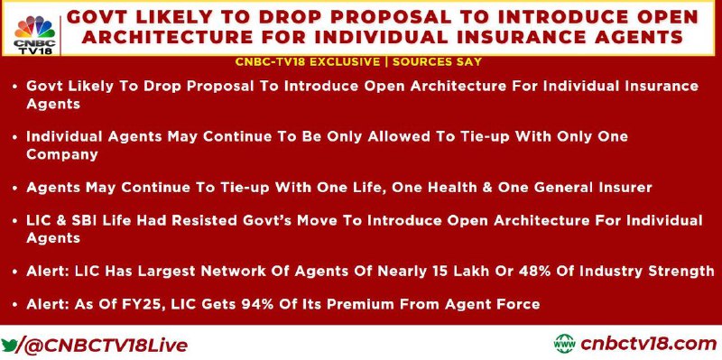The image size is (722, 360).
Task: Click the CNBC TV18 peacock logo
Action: pyautogui.click(x=34, y=35)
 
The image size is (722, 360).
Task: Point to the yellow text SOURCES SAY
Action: pyautogui.click(x=437, y=61)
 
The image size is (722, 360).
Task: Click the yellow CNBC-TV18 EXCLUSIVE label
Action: pyautogui.click(x=308, y=61)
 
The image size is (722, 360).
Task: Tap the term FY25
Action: pyautogui.click(x=146, y=304)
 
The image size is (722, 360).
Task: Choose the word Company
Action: pyautogui.click(x=62, y=154)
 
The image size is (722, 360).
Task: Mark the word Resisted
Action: pyautogui.click(x=201, y=220)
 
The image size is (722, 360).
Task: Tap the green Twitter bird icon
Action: pyautogui.click(x=8, y=345)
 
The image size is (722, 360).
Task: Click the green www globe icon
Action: pyautogui.click(x=565, y=344)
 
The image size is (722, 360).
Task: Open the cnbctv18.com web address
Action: pyautogui.click(x=649, y=344)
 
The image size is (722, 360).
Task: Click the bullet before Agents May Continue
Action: pyautogui.click(x=15, y=189)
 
